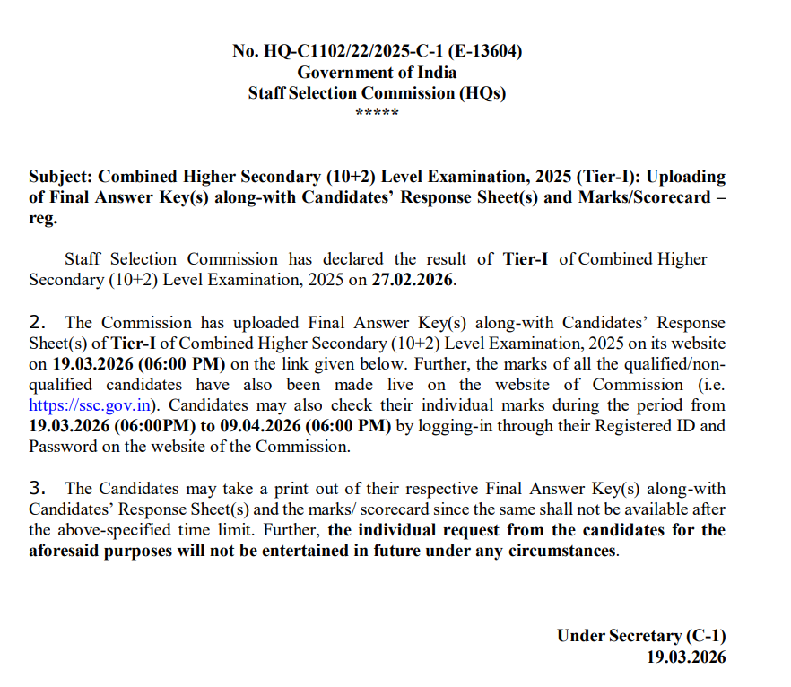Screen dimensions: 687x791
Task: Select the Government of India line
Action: pyautogui.click(x=377, y=73)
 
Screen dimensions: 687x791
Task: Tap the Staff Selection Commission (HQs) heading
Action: pyautogui.click(x=377, y=93)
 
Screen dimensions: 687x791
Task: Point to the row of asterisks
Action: pyautogui.click(x=377, y=114)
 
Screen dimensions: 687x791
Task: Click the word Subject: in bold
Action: pyautogui.click(x=61, y=177)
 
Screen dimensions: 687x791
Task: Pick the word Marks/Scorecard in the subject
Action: pyautogui.click(x=644, y=197)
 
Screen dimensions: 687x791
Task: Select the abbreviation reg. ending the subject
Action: pyautogui.click(x=43, y=218)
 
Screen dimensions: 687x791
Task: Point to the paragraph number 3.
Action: pyautogui.click(x=38, y=488)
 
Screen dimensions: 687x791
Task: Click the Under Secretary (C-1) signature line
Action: pyautogui.click(x=640, y=636)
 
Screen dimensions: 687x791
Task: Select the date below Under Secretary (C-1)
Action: pyautogui.click(x=686, y=657)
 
